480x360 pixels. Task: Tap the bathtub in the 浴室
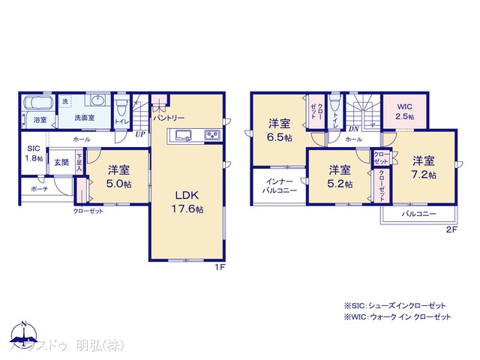37,104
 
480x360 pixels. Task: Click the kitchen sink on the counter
184,135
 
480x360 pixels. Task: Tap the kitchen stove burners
211,135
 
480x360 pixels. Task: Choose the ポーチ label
40,189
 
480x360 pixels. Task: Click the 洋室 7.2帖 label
424,166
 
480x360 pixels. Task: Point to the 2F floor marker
451,229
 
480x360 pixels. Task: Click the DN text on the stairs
352,129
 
